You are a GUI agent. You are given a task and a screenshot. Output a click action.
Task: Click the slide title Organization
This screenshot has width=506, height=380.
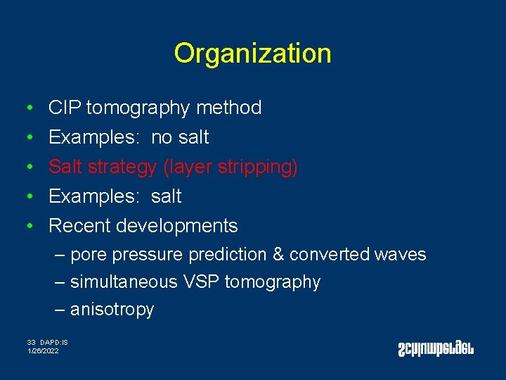(252, 53)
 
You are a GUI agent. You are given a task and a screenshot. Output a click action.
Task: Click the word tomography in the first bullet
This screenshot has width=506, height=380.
(138, 108)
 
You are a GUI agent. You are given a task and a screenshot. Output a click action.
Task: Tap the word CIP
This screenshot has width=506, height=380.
(64, 108)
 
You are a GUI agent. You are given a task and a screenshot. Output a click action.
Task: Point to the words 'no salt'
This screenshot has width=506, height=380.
(180, 137)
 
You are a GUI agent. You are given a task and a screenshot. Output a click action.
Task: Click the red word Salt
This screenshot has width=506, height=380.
(65, 167)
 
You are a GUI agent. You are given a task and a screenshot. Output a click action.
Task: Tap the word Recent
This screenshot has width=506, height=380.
(79, 226)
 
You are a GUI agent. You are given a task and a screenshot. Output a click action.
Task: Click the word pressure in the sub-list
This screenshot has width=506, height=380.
(150, 255)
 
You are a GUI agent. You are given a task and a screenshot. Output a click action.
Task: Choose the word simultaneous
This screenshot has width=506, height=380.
(124, 282)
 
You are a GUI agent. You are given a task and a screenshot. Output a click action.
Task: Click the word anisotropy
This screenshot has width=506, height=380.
(112, 310)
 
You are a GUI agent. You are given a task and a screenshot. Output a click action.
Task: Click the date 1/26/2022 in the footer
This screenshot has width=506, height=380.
(43, 350)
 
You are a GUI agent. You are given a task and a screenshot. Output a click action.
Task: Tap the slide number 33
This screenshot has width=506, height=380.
(31, 343)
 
